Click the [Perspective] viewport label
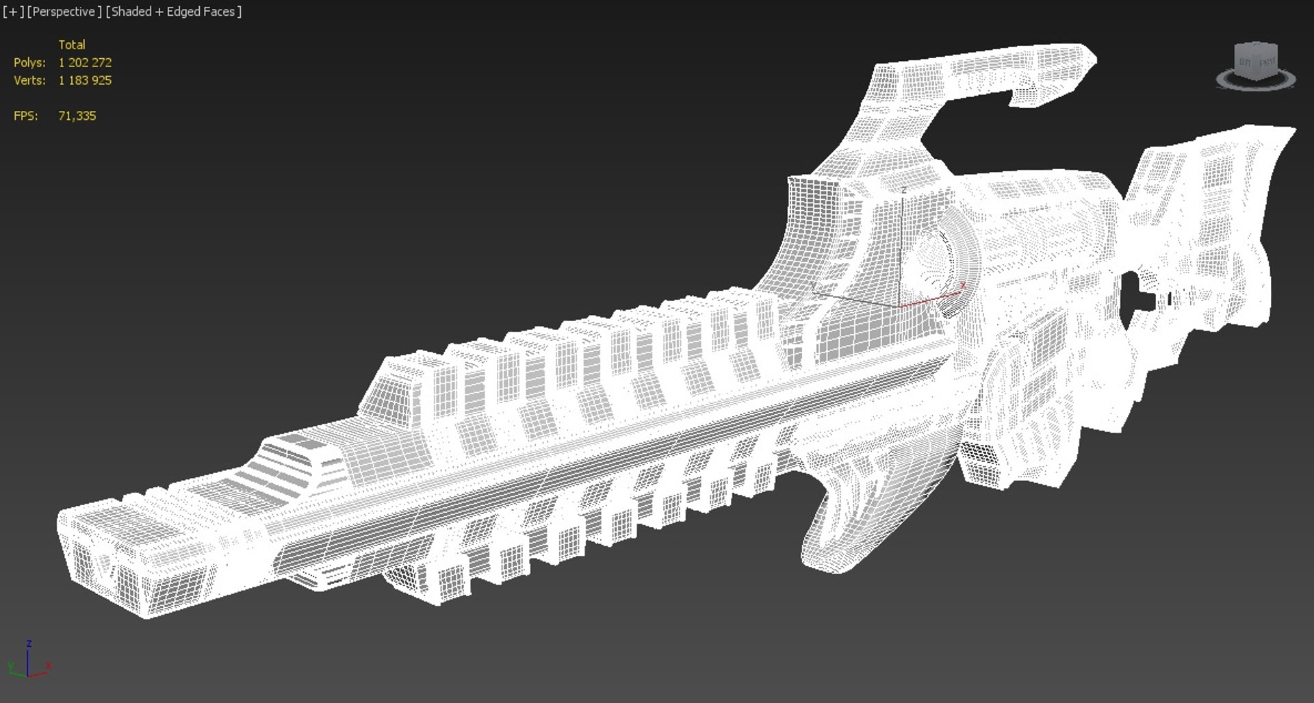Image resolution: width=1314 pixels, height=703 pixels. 64,12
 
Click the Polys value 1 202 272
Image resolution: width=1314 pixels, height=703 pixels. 85,62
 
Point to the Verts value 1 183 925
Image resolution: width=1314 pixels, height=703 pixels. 85,80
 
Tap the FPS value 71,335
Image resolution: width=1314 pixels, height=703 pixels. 77,116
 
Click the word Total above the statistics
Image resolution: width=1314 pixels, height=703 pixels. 72,44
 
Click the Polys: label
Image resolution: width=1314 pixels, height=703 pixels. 29,62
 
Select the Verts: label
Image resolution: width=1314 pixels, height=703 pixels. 29,80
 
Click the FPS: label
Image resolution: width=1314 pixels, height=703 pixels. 26,116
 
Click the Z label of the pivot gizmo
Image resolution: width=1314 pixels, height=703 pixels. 903,190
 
